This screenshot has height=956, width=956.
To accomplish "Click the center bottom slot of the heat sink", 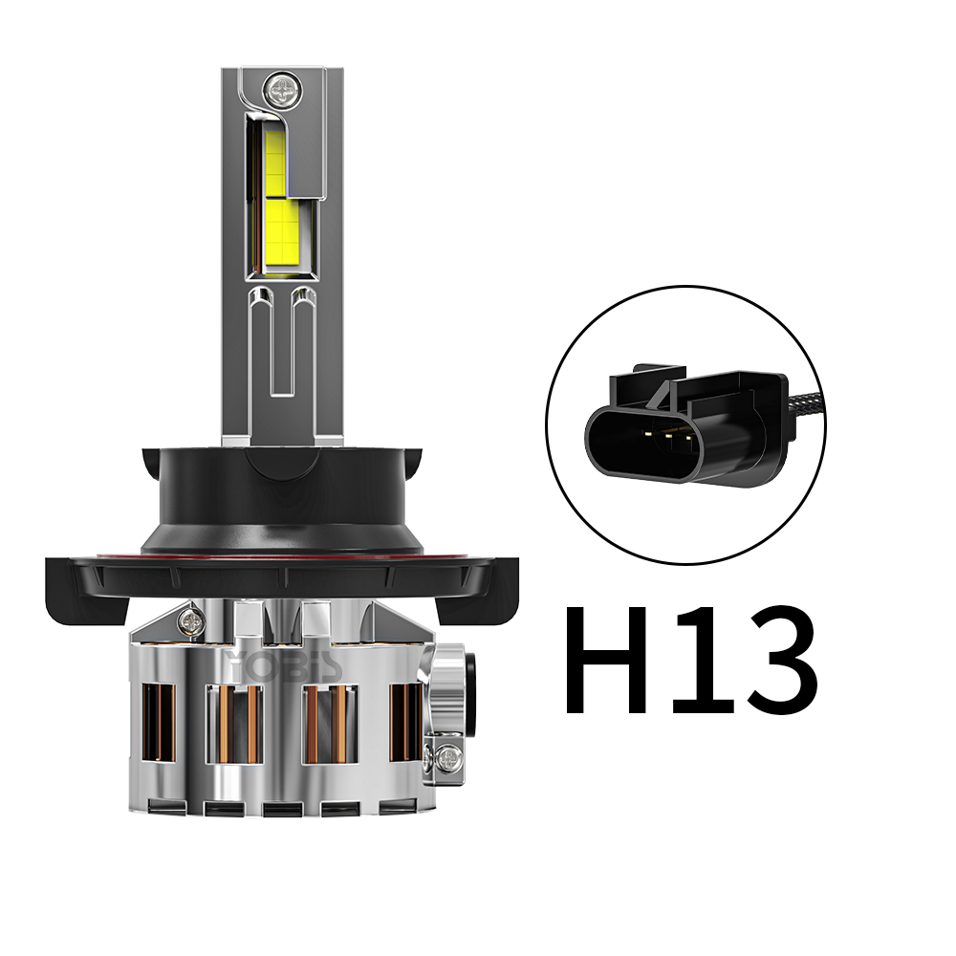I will pyautogui.click(x=279, y=810).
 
